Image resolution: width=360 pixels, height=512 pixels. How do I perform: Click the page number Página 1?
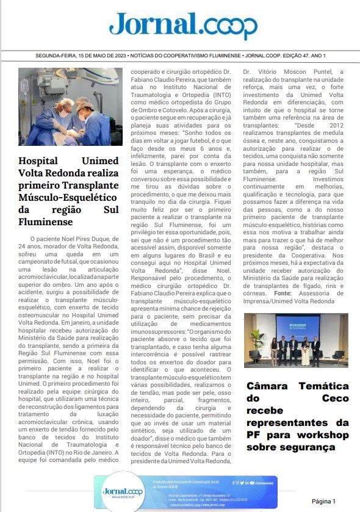click(x=324, y=500)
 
